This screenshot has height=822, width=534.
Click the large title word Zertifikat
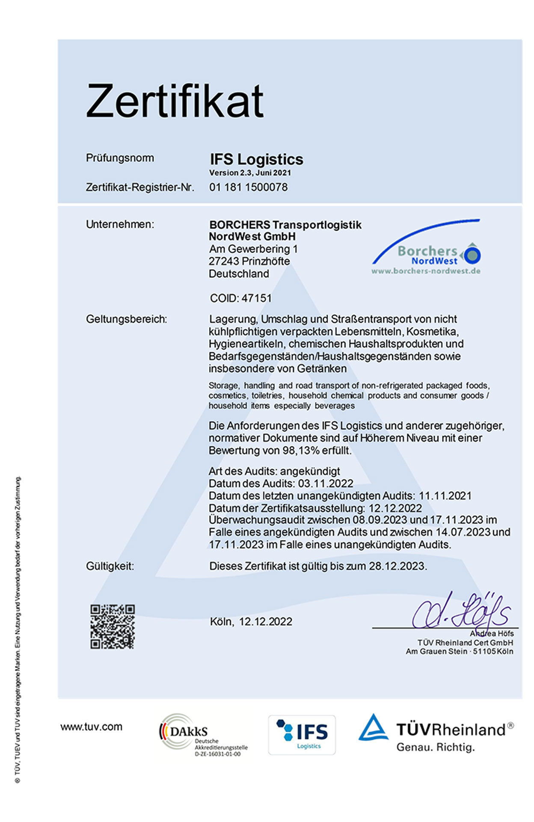(x=175, y=101)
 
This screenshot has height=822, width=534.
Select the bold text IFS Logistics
(x=256, y=159)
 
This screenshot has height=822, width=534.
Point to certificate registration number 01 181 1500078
(x=248, y=187)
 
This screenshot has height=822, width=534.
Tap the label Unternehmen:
(x=120, y=224)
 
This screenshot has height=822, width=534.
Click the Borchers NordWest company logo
(x=426, y=250)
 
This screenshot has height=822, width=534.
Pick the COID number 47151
(x=256, y=298)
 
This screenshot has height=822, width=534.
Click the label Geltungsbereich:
(x=126, y=319)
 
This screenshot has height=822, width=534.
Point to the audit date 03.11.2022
(x=326, y=483)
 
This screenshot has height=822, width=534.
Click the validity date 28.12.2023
(x=397, y=566)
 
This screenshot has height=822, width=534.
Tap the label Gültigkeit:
(x=110, y=566)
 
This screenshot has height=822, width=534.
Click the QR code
(x=113, y=626)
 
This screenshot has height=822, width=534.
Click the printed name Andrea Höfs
(x=492, y=633)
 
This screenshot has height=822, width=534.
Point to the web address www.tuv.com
(x=91, y=727)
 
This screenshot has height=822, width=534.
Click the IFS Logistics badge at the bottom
(x=302, y=735)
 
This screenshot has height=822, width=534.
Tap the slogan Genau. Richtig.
(x=436, y=747)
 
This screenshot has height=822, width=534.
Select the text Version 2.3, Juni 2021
(x=250, y=173)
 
